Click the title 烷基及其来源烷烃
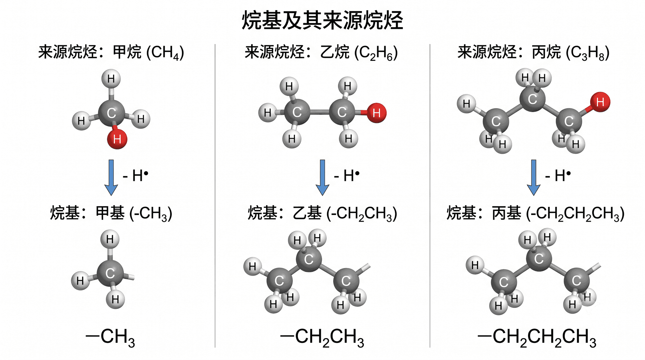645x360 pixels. tap(322, 20)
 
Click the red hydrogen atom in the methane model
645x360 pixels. tap(117, 139)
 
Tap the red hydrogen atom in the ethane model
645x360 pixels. tap(376, 113)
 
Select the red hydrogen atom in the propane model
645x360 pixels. tap(600, 102)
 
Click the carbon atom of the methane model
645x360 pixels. tap(112, 113)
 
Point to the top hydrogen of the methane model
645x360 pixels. tap(111, 79)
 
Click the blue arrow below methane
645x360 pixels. tap(111, 177)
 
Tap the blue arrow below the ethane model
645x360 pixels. tap(322, 177)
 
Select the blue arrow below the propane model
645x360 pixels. tap(533, 177)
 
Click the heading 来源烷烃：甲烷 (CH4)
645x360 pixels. tap(111, 52)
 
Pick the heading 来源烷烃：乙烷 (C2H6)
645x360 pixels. tap(321, 52)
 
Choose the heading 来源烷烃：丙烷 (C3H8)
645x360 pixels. tap(533, 52)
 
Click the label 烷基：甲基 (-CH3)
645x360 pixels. tap(111, 213)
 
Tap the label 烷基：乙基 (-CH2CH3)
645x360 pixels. tap(322, 213)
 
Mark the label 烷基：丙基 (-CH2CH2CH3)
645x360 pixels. tap(535, 213)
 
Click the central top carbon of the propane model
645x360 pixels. tap(532, 99)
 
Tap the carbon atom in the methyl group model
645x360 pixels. tap(110, 273)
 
